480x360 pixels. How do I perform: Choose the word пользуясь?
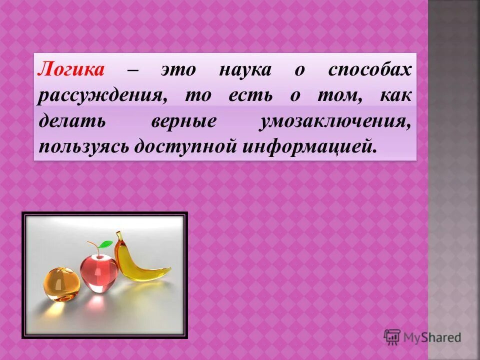click(82, 147)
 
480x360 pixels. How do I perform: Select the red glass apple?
click(98, 270)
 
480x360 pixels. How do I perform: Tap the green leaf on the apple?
click(104, 244)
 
